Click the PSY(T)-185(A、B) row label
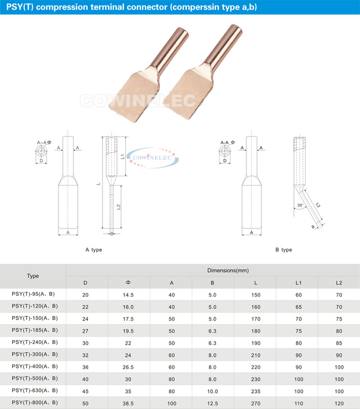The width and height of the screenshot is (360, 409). click(35, 330)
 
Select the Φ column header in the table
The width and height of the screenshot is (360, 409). click(128, 283)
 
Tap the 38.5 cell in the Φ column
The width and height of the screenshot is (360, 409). click(128, 404)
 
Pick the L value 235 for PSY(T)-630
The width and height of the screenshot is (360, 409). click(256, 391)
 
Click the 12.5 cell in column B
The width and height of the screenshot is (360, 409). click(212, 404)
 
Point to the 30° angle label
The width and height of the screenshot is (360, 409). click(301, 205)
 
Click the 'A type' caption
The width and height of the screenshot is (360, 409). click(94, 250)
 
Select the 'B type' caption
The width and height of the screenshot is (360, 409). click(283, 250)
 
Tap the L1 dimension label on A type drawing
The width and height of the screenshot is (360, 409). click(122, 156)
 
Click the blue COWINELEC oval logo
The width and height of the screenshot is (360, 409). click(153, 158)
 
